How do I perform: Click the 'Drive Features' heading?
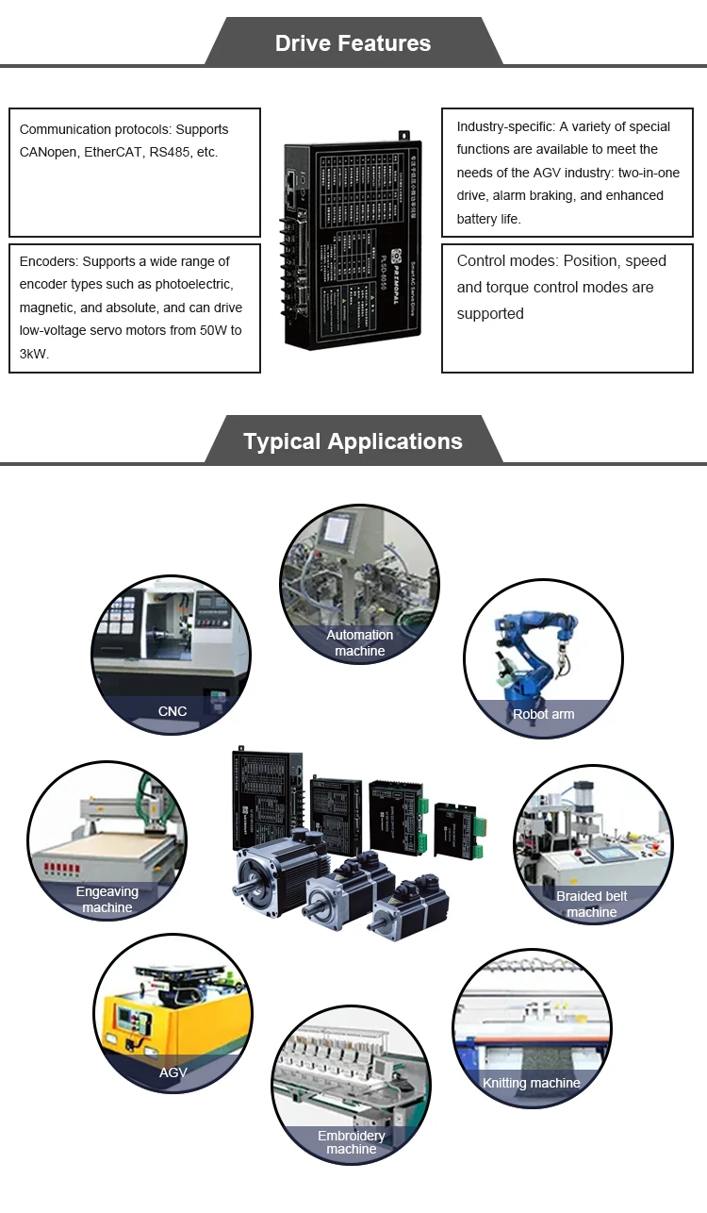click(x=353, y=43)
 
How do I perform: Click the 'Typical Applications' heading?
click(x=353, y=441)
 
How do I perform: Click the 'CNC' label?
click(x=173, y=711)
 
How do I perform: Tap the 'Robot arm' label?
click(x=543, y=714)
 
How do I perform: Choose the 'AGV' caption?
click(x=173, y=1072)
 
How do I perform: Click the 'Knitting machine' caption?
click(x=532, y=1083)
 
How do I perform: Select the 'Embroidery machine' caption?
click(x=351, y=1142)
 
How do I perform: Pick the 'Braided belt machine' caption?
click(x=591, y=904)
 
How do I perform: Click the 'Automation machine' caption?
click(x=359, y=642)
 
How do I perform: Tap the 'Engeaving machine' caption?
click(x=107, y=899)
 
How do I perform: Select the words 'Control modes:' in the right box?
click(x=501, y=261)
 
